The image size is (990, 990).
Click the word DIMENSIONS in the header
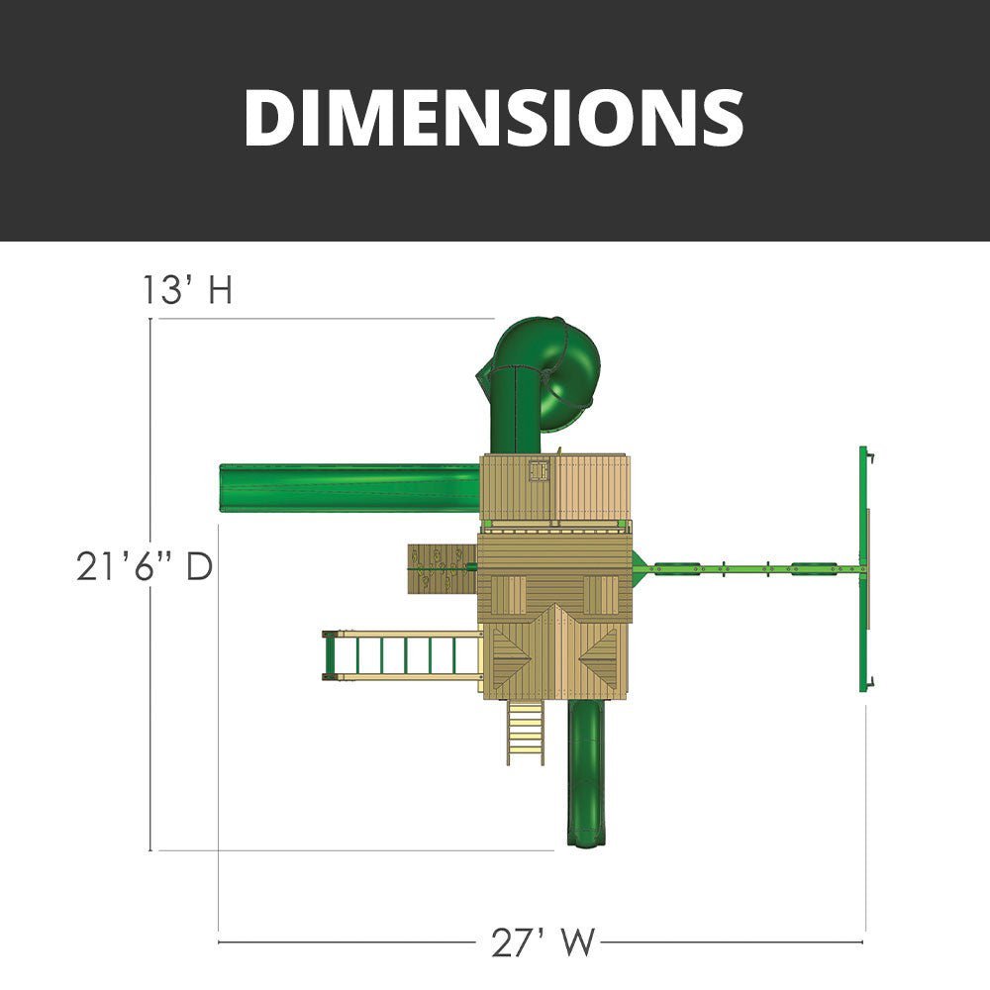click(x=494, y=118)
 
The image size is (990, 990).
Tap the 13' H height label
click(x=187, y=289)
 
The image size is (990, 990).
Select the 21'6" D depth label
click(x=144, y=566)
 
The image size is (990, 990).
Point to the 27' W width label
click(x=543, y=942)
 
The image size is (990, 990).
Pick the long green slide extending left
click(x=349, y=488)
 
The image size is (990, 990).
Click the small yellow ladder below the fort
click(x=526, y=733)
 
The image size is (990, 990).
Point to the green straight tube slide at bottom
click(x=586, y=773)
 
